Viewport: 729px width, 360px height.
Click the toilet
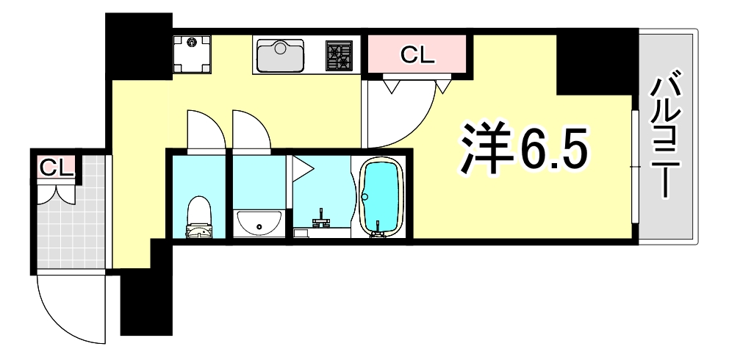point(198,217)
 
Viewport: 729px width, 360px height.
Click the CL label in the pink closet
point(417,54)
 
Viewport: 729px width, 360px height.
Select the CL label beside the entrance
point(56,168)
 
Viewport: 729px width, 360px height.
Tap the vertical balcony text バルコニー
point(667,140)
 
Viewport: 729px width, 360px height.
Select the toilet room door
point(204,131)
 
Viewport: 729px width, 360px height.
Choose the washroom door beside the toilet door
point(250,131)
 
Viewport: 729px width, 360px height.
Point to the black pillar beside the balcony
point(595,62)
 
